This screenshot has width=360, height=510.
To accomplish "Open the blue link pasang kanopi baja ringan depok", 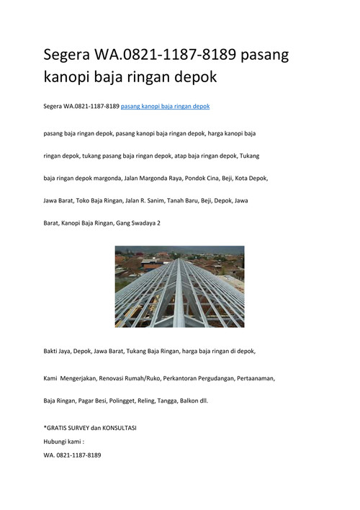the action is (x=165, y=107).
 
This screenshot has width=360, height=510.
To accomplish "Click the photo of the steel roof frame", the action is (x=179, y=287).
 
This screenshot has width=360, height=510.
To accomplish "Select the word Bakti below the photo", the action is (x=52, y=351).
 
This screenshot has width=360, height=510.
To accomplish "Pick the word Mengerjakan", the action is (x=82, y=377).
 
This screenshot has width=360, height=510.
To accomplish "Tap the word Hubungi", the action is (x=56, y=442).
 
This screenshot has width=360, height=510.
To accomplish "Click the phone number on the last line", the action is (x=78, y=455).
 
